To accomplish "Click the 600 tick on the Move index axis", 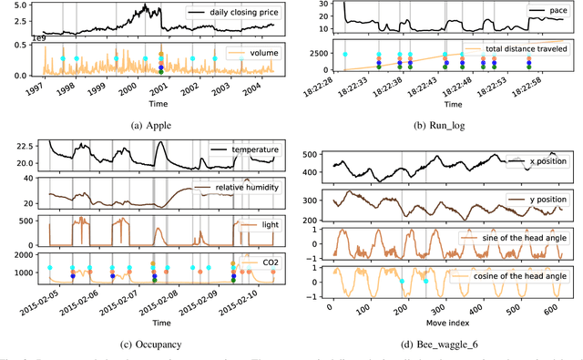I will pos(552,311).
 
